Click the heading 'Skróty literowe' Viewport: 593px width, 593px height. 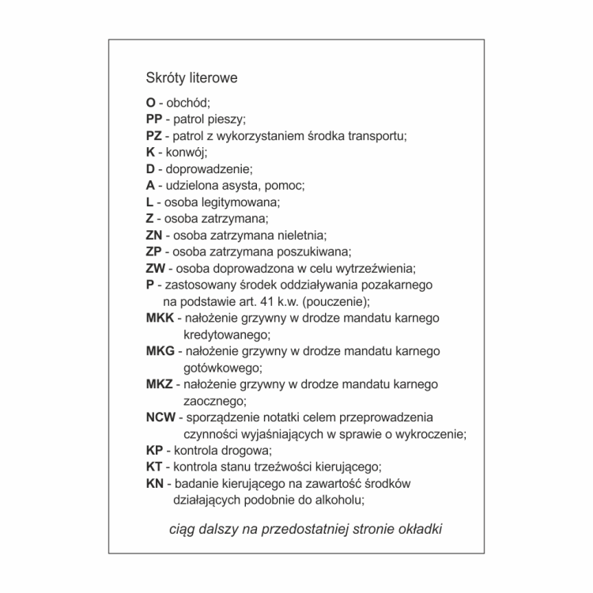[191, 78]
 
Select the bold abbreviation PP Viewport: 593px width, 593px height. [154, 119]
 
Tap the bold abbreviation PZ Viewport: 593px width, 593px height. [154, 135]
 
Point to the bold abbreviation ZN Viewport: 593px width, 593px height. [154, 235]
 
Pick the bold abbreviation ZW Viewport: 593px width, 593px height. [156, 268]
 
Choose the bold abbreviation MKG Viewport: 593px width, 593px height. [161, 351]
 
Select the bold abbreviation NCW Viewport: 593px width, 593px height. [161, 417]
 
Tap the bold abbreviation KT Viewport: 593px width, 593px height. [154, 466]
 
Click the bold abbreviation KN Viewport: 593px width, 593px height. [154, 483]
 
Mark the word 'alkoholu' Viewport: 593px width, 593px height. [339, 500]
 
